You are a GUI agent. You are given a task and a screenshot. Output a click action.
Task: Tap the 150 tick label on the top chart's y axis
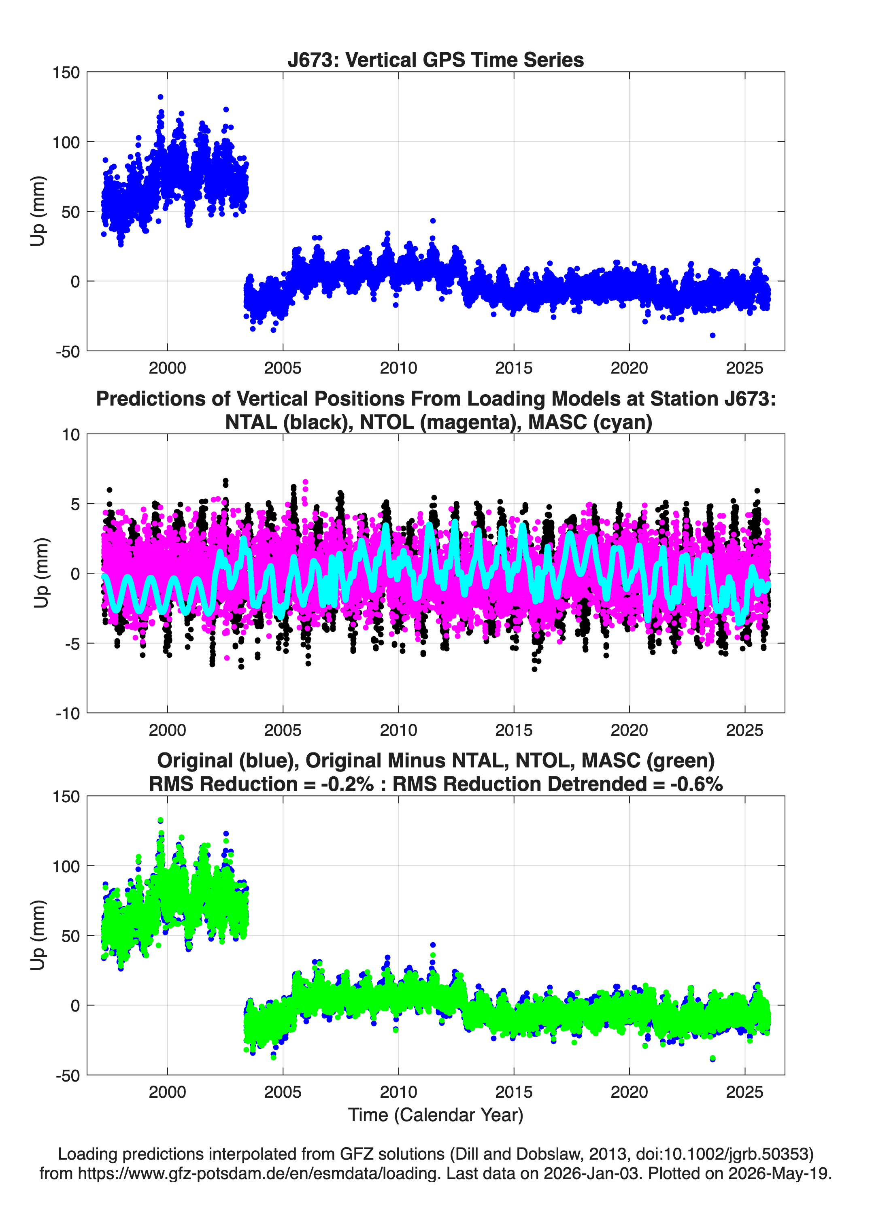click(66, 72)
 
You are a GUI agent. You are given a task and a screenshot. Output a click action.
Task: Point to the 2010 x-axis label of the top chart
click(398, 368)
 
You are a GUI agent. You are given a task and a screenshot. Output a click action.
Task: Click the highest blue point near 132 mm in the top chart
click(160, 97)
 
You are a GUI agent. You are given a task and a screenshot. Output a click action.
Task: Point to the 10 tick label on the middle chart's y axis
click(71, 435)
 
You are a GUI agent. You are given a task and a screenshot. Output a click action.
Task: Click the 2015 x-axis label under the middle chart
click(514, 730)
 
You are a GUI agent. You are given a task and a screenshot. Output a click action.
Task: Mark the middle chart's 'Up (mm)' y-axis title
click(40, 573)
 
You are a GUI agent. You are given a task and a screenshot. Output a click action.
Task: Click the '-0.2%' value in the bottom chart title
click(347, 784)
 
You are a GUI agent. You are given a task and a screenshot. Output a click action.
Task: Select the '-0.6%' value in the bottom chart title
click(696, 784)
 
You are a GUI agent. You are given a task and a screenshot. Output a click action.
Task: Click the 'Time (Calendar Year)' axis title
click(436, 1115)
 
